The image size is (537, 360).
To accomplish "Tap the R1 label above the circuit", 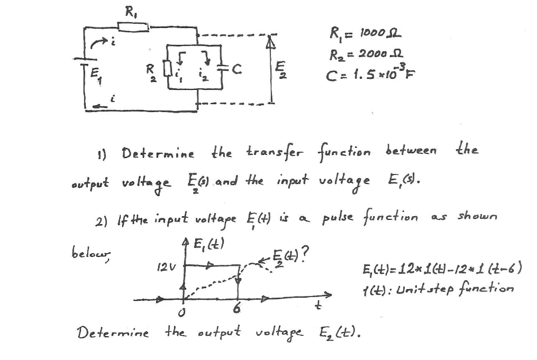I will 129,10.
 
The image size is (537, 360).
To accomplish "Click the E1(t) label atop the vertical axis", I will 203,244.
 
